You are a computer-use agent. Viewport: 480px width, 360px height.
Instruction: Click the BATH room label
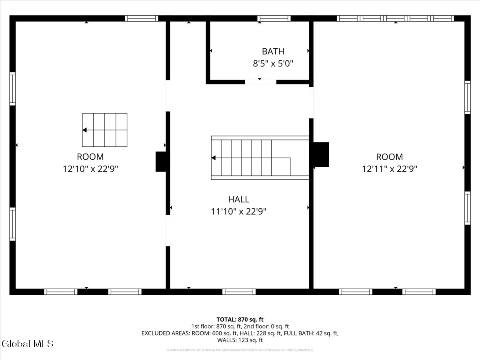click(273, 51)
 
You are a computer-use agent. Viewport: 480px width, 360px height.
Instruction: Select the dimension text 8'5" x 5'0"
click(273, 64)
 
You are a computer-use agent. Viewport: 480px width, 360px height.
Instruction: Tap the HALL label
click(238, 199)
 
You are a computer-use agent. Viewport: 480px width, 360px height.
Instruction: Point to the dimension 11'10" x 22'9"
click(238, 212)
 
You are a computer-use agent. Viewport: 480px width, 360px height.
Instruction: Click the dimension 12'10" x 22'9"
click(90, 169)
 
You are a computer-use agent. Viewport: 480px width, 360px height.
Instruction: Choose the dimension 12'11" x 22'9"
click(389, 169)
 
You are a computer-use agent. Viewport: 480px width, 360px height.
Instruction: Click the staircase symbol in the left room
click(105, 130)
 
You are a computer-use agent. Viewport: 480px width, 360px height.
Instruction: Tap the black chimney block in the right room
click(321, 154)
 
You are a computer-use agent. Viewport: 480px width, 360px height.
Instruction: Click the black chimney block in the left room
click(161, 162)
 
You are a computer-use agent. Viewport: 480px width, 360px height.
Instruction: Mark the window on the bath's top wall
click(274, 18)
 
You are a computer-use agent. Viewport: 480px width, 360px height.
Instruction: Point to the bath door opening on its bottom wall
click(260, 82)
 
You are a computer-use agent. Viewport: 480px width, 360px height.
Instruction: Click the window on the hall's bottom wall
click(239, 292)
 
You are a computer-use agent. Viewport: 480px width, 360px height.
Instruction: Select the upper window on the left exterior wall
click(13, 89)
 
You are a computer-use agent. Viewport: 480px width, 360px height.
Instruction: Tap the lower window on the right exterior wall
click(467, 208)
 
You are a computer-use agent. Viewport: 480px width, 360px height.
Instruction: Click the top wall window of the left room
click(141, 18)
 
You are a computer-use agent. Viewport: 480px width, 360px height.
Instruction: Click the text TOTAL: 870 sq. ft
click(240, 319)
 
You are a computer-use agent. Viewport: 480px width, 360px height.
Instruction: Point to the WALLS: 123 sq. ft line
click(240, 340)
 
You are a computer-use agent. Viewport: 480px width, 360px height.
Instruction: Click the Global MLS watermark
click(28, 344)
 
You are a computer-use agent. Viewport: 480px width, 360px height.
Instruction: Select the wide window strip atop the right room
click(395, 18)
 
